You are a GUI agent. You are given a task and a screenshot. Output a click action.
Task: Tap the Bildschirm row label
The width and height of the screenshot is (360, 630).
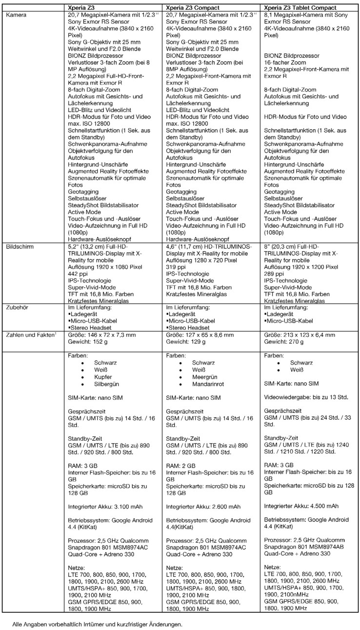pos(20,247)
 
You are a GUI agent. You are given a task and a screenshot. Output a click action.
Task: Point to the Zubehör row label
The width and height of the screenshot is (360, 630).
pos(19,308)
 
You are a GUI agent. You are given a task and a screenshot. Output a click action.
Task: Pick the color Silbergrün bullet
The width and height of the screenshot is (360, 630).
pos(107,385)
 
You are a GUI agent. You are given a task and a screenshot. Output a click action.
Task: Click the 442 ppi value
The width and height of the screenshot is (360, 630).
pos(78,274)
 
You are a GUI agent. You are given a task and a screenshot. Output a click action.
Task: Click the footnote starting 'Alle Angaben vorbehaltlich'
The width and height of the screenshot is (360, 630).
pos(98,624)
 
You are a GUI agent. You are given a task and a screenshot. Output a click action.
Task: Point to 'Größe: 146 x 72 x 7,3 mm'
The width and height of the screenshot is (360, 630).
pos(102,335)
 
